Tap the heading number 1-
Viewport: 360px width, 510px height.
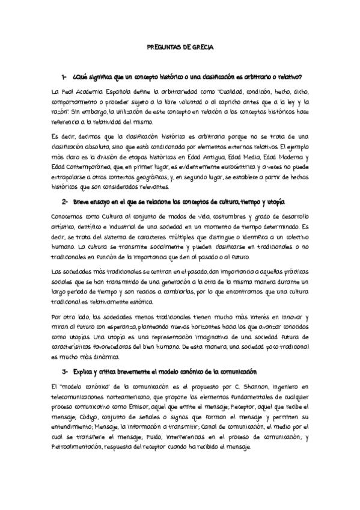click(64, 77)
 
